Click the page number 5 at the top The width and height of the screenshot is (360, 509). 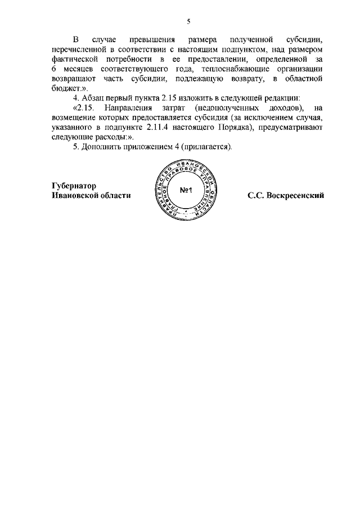click(189, 21)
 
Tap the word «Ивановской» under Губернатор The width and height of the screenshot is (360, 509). click(75, 196)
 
